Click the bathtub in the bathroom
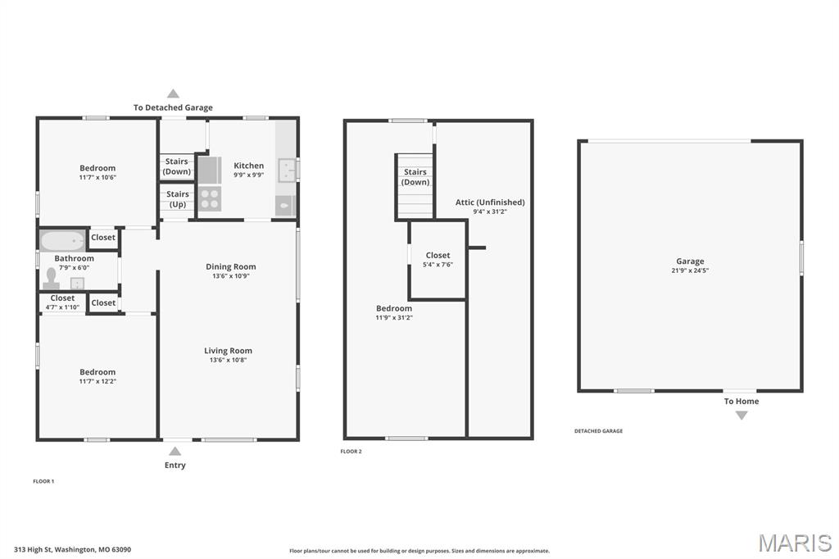pyautogui.click(x=62, y=241)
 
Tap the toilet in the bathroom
pyautogui.click(x=52, y=278)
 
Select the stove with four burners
pyautogui.click(x=210, y=198)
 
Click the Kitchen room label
pyautogui.click(x=249, y=166)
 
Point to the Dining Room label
pyautogui.click(x=230, y=266)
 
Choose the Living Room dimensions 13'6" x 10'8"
pyautogui.click(x=228, y=361)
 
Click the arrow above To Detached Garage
pyautogui.click(x=173, y=93)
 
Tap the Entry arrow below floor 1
pyautogui.click(x=175, y=451)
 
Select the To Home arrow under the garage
pyautogui.click(x=741, y=415)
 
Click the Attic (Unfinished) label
pyautogui.click(x=490, y=202)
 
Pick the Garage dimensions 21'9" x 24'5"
pyautogui.click(x=690, y=271)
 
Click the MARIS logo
pyautogui.click(x=795, y=543)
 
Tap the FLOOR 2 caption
pyautogui.click(x=351, y=452)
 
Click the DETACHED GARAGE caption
pyautogui.click(x=598, y=431)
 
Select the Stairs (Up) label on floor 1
pyautogui.click(x=178, y=199)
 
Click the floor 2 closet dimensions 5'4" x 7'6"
pyautogui.click(x=438, y=265)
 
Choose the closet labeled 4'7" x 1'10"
pyautogui.click(x=62, y=303)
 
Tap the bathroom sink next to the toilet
pyautogui.click(x=78, y=284)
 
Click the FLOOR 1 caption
pyautogui.click(x=43, y=481)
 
